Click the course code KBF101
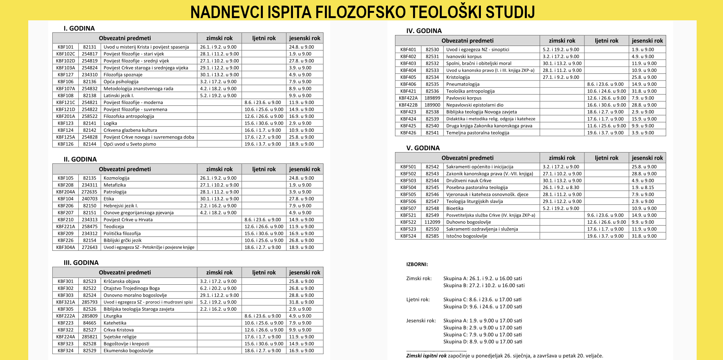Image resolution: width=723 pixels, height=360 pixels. coord(66,47)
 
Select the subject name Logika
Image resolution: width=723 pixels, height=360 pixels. coord(110,123)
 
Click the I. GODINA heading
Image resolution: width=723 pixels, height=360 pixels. coord(79,28)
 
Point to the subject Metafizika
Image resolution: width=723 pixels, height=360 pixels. coord(114,185)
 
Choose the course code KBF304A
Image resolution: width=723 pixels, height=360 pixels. coord(66,247)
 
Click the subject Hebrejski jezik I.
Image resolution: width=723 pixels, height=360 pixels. coord(120,206)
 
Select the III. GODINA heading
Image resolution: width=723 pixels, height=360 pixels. coord(81,262)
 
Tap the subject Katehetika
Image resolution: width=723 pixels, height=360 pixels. coord(115,323)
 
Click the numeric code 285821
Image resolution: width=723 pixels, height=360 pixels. coord(90,337)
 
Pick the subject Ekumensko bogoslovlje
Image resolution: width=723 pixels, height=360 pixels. coord(128,351)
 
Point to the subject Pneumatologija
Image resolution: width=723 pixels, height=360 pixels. coord(463,84)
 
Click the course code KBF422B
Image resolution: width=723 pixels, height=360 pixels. coord(408,105)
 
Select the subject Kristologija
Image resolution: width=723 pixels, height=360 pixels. coord(458,77)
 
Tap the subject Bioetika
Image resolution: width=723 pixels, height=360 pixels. coord(455,208)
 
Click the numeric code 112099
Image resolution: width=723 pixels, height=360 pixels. coord(432,222)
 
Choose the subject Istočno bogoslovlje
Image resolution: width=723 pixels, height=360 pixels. coord(467,236)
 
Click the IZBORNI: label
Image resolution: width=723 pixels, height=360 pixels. coord(417,264)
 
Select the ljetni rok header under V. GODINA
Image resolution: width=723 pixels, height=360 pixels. coord(607,158)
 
